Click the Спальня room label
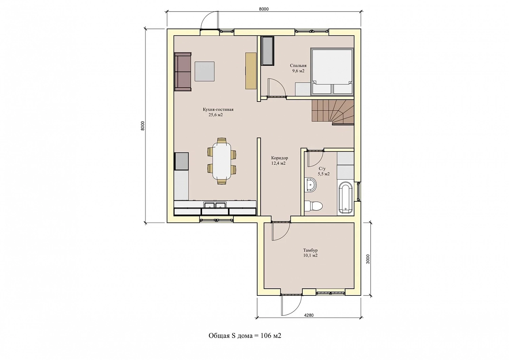[x=298, y=66]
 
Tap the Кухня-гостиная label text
[x=218, y=110]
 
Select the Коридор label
[x=280, y=158]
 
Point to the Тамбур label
[x=310, y=250]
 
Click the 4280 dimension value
[x=309, y=315]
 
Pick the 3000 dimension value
[x=368, y=259]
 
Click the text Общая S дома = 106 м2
[x=245, y=336]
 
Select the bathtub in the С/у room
[x=346, y=197]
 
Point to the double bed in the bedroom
[x=332, y=71]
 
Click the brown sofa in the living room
[x=183, y=72]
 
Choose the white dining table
[x=222, y=161]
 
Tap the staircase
[x=333, y=112]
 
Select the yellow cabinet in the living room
[x=251, y=71]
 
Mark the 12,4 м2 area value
[x=278, y=163]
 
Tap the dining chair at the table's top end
[x=222, y=140]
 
